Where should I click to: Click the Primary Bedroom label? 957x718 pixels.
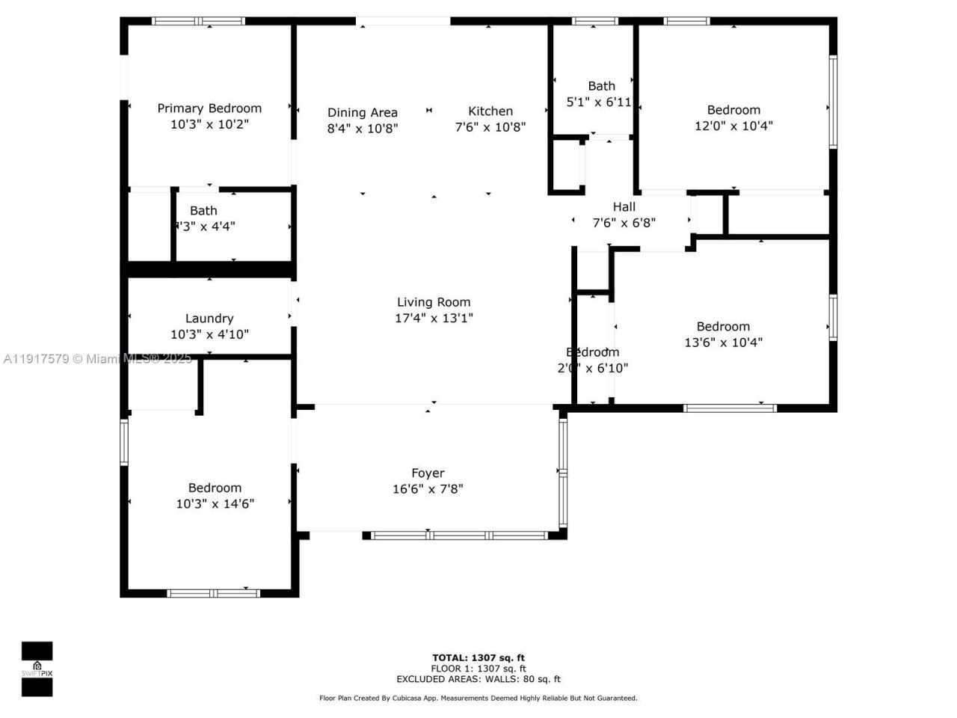click(209, 108)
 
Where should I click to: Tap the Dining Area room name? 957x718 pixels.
click(363, 113)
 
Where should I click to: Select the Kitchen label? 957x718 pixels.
click(490, 111)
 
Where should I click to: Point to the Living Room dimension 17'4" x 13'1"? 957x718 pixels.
click(434, 318)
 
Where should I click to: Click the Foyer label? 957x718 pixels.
click(428, 473)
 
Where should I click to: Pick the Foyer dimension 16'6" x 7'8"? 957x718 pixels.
click(428, 489)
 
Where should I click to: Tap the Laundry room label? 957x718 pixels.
click(209, 319)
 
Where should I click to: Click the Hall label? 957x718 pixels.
click(624, 207)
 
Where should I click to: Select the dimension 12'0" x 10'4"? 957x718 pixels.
click(733, 126)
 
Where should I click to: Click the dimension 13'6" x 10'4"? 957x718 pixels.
click(723, 343)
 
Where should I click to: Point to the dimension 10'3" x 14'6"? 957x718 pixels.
click(215, 504)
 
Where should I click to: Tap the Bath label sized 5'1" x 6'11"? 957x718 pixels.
click(601, 86)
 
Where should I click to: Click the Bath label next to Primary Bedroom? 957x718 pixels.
click(203, 211)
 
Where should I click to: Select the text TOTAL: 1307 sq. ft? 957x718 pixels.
click(478, 658)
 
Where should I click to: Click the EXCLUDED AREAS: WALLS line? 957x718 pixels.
click(478, 679)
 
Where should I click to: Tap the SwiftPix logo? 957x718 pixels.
click(37, 669)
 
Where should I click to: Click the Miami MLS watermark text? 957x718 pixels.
click(97, 359)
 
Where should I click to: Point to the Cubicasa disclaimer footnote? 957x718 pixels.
click(478, 698)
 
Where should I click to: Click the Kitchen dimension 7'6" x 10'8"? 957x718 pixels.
click(490, 127)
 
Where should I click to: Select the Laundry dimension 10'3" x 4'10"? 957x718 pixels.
click(209, 334)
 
